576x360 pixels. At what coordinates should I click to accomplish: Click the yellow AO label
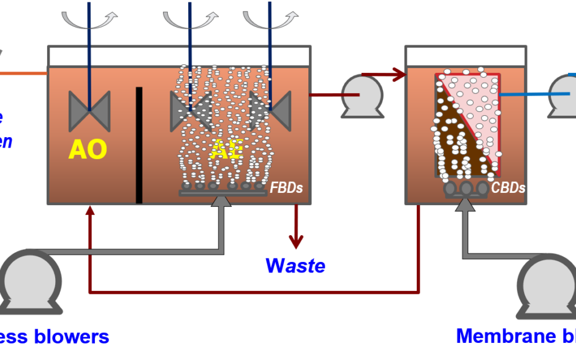click(x=88, y=149)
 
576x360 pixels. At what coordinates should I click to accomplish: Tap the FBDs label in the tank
click(x=287, y=188)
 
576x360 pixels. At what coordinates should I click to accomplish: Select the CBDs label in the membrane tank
click(x=509, y=188)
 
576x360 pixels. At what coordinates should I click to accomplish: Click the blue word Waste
click(x=295, y=266)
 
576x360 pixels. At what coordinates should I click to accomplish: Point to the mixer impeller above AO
click(x=89, y=111)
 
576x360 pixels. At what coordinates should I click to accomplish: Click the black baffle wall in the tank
click(x=139, y=144)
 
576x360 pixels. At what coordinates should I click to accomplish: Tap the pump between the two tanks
click(x=362, y=96)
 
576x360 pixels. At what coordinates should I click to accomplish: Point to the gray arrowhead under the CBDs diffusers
click(x=465, y=204)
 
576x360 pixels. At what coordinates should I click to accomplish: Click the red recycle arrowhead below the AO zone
click(x=90, y=211)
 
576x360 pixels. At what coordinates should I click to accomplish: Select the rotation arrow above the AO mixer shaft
click(x=89, y=20)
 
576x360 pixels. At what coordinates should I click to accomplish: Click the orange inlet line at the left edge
click(x=23, y=73)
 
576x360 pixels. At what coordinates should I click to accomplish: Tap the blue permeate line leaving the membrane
click(x=524, y=94)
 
